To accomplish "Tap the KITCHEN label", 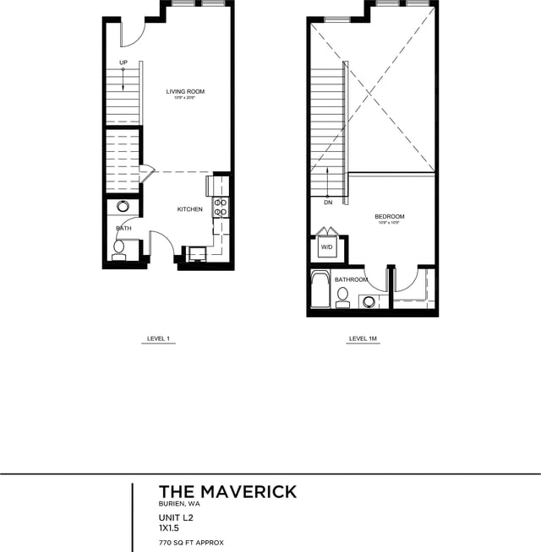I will [189, 209].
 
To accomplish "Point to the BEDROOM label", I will [390, 217].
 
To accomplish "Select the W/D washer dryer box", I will [326, 248].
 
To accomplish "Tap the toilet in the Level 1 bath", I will [119, 247].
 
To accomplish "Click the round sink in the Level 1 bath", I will [123, 205].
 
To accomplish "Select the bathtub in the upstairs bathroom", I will [320, 290].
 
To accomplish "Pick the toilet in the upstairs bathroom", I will [342, 295].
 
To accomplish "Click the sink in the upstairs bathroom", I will [369, 300].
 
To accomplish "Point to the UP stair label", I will [123, 62].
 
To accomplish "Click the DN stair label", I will [327, 203].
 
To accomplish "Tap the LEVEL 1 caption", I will [159, 339].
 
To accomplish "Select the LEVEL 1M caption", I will [363, 339].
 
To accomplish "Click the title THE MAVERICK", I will [227, 491].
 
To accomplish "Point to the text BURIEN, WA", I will [179, 504].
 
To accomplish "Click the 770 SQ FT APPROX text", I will [191, 543].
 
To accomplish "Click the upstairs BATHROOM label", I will [351, 279].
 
